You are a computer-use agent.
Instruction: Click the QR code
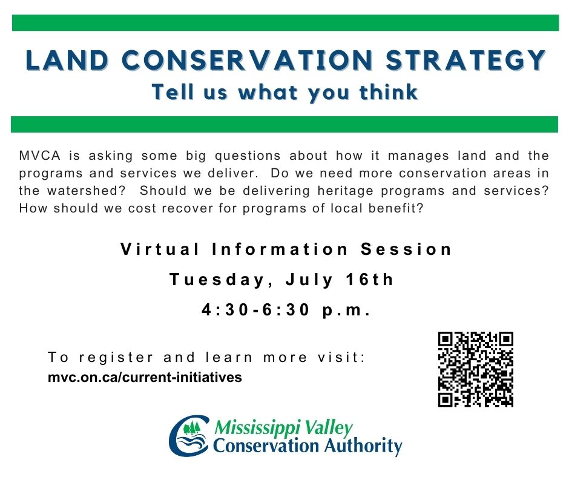[x=475, y=369]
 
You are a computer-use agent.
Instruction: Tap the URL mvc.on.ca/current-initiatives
[x=145, y=377]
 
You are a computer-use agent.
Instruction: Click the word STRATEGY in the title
[x=465, y=60]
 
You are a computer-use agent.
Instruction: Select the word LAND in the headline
[x=68, y=60]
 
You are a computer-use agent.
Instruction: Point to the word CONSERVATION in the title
[x=247, y=60]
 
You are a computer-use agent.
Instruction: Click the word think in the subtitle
[x=388, y=92]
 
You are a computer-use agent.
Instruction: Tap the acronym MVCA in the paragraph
[x=39, y=156]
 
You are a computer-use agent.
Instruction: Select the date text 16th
[x=369, y=280]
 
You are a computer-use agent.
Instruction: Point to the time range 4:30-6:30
[x=256, y=310]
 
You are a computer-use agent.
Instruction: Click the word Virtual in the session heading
[x=160, y=249]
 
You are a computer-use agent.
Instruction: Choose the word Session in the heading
[x=406, y=249]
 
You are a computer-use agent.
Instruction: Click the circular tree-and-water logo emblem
[x=189, y=435]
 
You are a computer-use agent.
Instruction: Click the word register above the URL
[x=116, y=358]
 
